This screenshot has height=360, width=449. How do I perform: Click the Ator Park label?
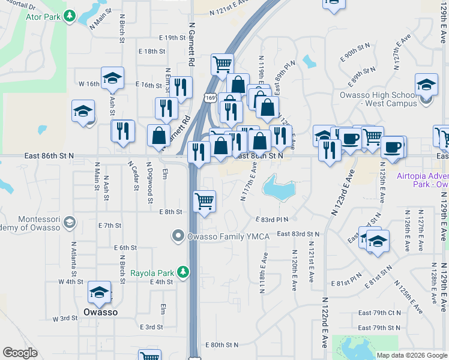click(43, 16)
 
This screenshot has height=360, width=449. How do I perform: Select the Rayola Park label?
click(152, 273)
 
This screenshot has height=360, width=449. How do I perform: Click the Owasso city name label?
click(100, 312)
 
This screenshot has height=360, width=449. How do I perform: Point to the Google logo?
click(20, 353)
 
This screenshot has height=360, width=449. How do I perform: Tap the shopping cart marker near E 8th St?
click(205, 202)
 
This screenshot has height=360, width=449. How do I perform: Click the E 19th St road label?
click(158, 37)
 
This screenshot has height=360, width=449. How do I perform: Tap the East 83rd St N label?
click(298, 234)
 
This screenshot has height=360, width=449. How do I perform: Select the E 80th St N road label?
click(221, 345)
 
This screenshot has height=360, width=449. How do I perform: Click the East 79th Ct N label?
click(379, 313)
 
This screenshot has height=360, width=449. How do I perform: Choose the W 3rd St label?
click(65, 318)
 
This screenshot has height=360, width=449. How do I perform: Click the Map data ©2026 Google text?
click(411, 355)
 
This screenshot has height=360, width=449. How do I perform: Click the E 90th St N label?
click(355, 52)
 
